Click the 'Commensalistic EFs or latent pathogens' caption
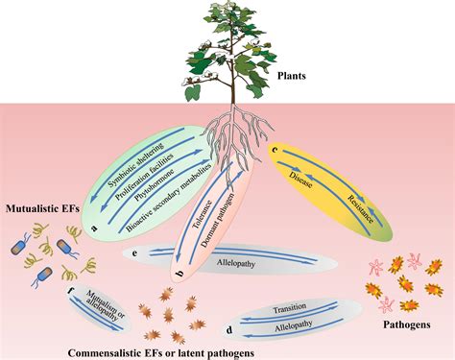click(x=158, y=352)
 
